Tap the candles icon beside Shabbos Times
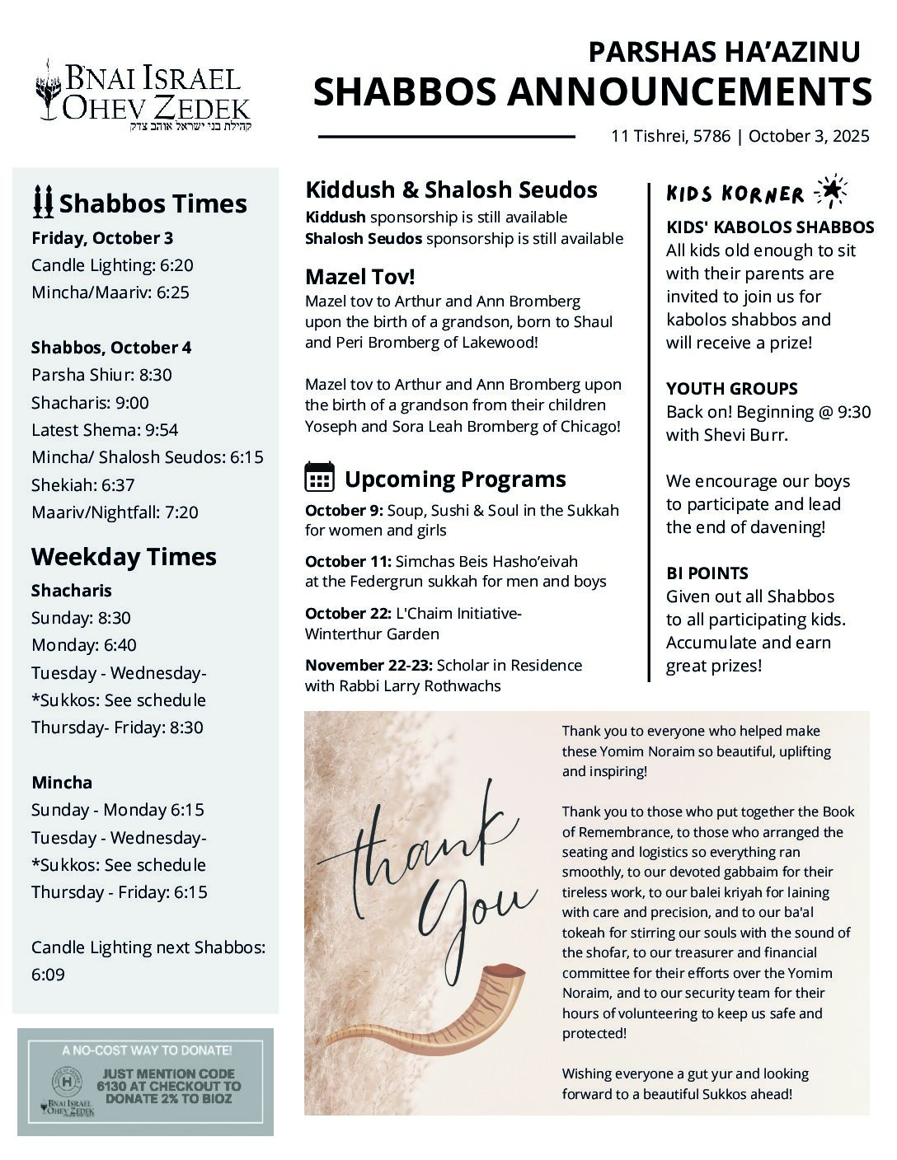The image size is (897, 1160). click(x=43, y=202)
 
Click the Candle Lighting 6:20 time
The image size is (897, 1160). click(x=112, y=265)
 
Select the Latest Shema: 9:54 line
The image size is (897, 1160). click(x=105, y=430)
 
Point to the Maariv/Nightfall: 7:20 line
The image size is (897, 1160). click(x=115, y=512)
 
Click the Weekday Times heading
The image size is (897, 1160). click(x=124, y=557)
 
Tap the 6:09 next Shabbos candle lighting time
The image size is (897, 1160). click(x=48, y=975)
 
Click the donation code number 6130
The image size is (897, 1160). click(x=111, y=1087)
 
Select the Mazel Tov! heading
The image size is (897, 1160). click(x=360, y=276)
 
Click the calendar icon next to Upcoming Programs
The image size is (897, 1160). click(x=319, y=477)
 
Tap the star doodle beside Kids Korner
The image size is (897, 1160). click(x=830, y=192)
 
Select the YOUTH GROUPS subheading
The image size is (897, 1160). click(x=731, y=389)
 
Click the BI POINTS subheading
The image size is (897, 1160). click(x=707, y=573)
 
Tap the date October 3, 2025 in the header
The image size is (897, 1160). click(x=809, y=137)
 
